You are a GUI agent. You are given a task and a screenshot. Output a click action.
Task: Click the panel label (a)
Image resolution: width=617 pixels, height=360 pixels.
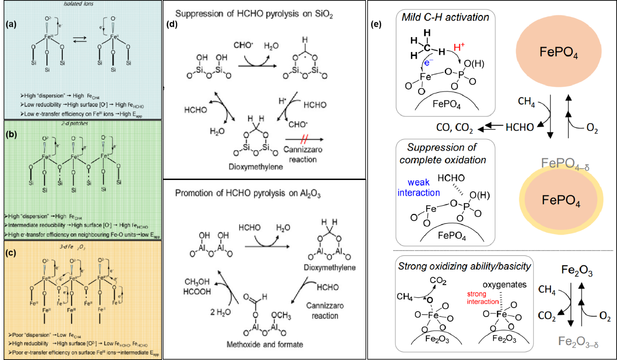11,25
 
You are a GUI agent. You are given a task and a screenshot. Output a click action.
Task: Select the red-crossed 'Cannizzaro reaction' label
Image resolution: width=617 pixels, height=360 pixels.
303,154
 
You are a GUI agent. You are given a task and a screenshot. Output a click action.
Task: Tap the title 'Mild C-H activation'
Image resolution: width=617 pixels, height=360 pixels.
445,18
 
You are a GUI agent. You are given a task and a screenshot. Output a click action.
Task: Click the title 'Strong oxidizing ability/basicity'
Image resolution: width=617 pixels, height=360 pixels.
464,266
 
